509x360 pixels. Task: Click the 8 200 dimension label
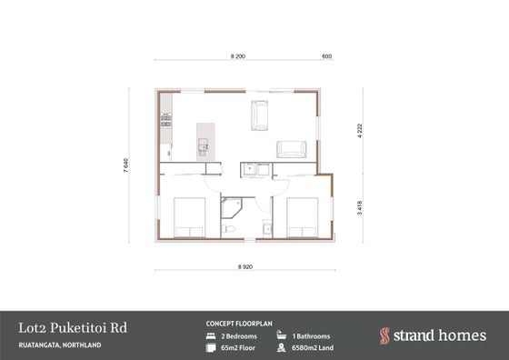pos(238,56)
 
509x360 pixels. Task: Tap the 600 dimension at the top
pos(326,56)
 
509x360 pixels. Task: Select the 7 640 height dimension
pos(126,165)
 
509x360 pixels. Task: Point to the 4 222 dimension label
pos(359,131)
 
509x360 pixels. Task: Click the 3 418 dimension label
pos(359,208)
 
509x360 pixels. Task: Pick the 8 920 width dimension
pos(245,267)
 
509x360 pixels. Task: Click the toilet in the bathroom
pos(228,229)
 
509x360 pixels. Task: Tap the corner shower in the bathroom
pos(231,208)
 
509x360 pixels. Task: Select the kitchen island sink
pos(204,145)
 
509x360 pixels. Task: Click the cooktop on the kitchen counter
pos(166,120)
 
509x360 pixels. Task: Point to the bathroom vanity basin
pos(267,228)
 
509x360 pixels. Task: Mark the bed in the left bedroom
pos(189,217)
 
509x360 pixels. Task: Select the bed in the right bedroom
pos(302,217)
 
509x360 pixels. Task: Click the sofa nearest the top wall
pos(259,115)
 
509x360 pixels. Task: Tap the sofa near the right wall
pos(291,149)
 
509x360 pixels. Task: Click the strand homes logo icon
pos(384,335)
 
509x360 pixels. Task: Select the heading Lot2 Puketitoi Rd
pos(73,328)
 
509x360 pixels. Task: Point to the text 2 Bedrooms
pos(239,336)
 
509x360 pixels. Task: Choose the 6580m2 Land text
pos(313,347)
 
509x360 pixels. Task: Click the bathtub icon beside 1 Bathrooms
pos(282,335)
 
